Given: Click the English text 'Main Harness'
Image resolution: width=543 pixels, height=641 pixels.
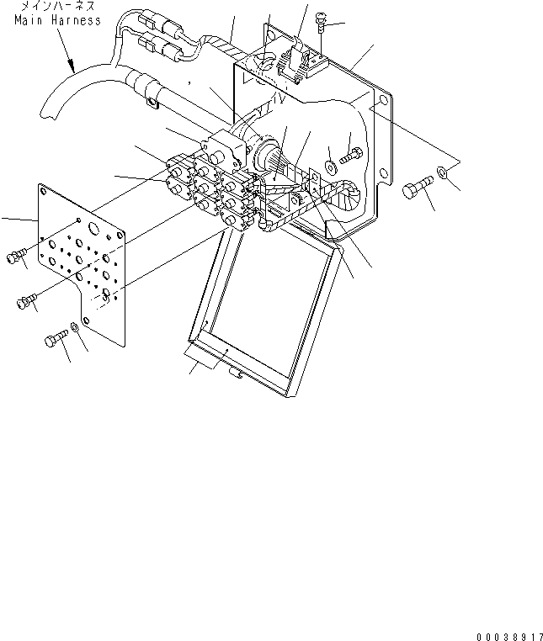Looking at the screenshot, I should tap(57, 19).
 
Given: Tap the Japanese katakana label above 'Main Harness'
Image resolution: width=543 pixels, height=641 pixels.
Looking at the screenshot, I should tap(59, 7).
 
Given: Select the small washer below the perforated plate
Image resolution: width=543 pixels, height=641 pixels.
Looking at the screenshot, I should tap(77, 326).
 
